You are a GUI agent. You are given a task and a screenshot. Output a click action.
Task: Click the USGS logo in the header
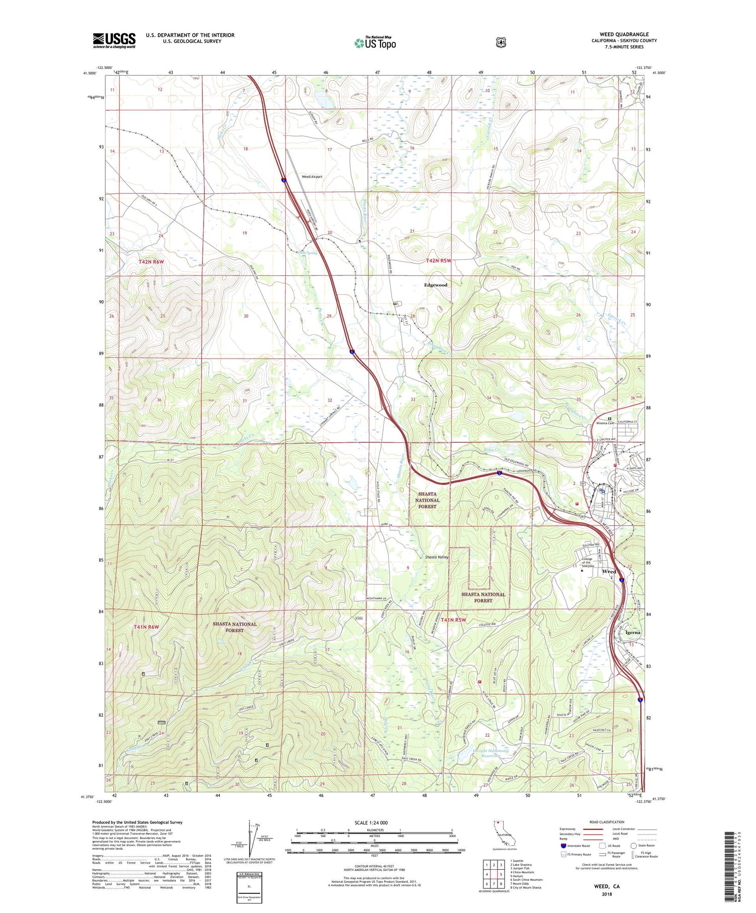(x=114, y=40)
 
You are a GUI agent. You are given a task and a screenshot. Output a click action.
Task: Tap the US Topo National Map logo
(x=375, y=42)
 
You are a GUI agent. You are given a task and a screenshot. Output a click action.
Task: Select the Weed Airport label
(x=311, y=177)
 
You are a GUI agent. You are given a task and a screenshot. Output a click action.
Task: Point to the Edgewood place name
(x=435, y=285)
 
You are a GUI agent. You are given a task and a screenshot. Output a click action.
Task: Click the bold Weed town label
(x=609, y=572)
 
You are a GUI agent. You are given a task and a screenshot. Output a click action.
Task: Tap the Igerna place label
(x=633, y=632)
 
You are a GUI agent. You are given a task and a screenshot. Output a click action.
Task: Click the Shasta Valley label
(x=436, y=557)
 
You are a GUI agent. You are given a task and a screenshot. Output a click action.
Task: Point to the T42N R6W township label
(x=152, y=262)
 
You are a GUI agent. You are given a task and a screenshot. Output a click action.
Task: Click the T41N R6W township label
(x=147, y=627)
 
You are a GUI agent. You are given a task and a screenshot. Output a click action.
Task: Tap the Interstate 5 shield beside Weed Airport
(x=284, y=179)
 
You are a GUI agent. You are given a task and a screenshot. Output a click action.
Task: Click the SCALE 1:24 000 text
(x=374, y=823)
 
